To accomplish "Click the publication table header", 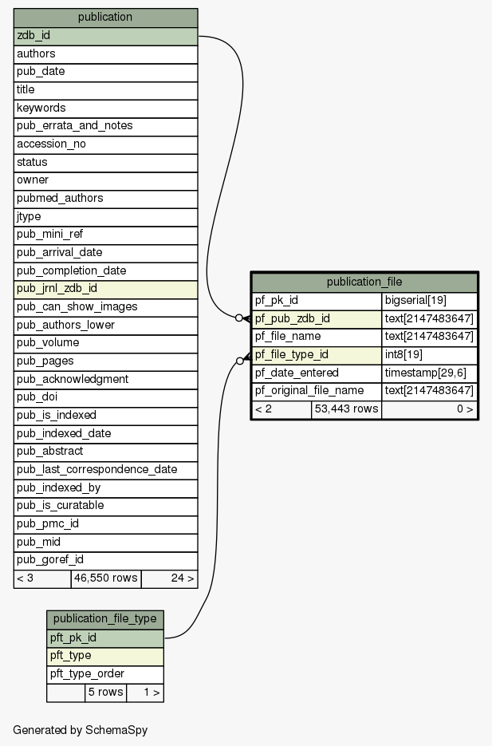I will [105, 17].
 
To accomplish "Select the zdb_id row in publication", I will [105, 36].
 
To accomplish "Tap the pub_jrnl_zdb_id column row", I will [105, 289].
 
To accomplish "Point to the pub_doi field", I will [105, 397].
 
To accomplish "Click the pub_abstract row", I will [105, 452].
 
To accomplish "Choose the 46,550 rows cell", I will [106, 578].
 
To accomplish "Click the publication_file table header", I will [364, 282].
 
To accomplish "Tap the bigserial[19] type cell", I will [430, 301].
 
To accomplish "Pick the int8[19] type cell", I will [430, 355].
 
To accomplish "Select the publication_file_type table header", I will [105, 619].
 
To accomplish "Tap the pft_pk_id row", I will [105, 637].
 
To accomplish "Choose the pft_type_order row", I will [105, 673].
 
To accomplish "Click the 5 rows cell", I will [106, 693].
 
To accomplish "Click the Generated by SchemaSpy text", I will [81, 730].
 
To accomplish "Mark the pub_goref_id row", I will [105, 560].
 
